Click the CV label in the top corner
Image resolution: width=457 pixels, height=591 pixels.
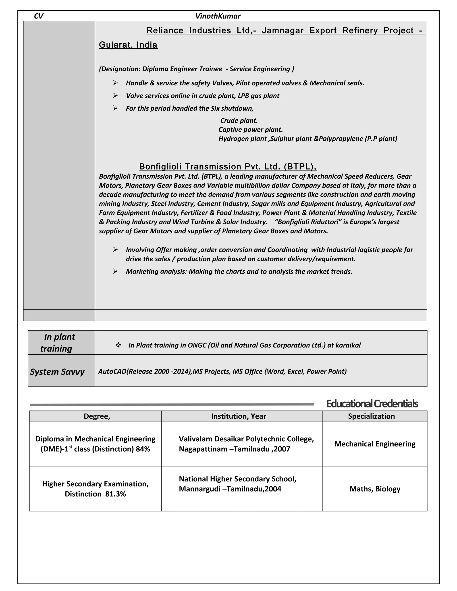tap(38, 16)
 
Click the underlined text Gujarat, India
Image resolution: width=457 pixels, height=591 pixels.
tap(128, 45)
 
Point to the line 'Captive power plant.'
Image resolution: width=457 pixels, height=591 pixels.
tap(250, 130)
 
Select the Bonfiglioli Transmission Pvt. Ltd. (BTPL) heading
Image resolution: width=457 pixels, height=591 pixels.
tap(228, 166)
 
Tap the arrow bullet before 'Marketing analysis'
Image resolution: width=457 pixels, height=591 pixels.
tap(115, 271)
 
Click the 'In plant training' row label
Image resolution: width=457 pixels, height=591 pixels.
tap(58, 343)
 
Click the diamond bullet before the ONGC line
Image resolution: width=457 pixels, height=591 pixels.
tap(118, 345)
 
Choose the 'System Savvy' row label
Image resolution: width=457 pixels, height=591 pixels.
tap(57, 372)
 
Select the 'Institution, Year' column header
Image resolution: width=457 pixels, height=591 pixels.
tap(239, 416)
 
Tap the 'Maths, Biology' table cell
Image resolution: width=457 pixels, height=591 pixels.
tap(375, 489)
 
